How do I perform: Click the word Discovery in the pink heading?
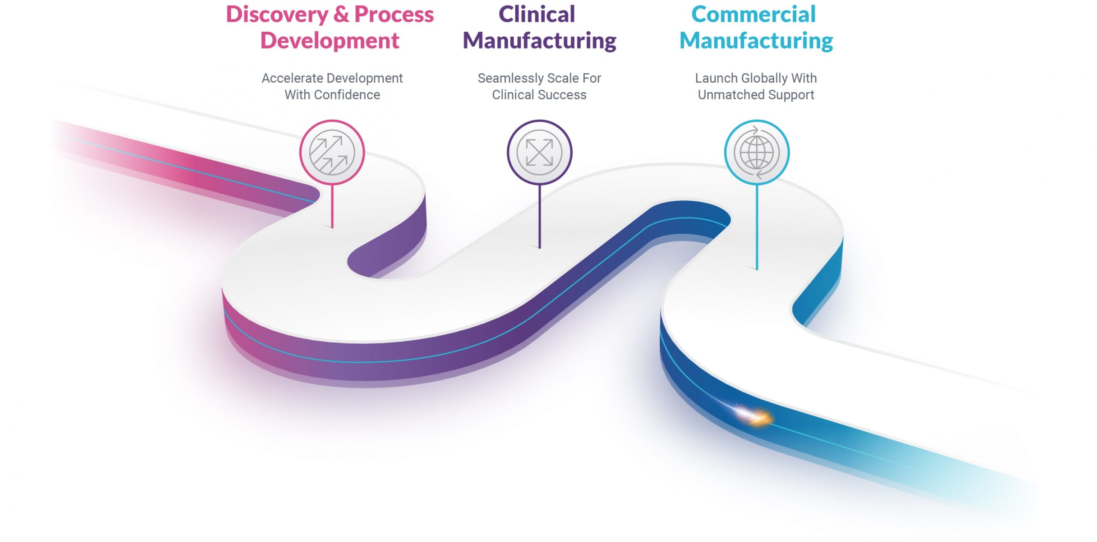(277, 15)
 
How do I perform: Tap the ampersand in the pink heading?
(341, 14)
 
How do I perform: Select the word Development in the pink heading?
(330, 41)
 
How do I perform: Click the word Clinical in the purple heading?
(537, 14)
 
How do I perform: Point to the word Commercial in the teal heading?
(753, 14)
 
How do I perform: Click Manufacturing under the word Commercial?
(756, 41)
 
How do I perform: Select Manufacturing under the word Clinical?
(540, 41)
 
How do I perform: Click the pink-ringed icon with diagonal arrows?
(332, 153)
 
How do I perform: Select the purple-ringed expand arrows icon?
(540, 153)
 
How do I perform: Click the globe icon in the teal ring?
(757, 153)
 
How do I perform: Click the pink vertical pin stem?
(332, 206)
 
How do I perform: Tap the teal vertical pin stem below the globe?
(757, 227)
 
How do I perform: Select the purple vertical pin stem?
(540, 217)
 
